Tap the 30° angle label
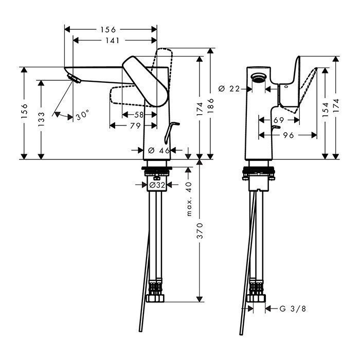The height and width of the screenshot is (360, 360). pos(82,116)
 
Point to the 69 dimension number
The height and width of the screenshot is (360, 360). pos(279,120)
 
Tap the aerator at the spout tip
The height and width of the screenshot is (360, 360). pos(74,79)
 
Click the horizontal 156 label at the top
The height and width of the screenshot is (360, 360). pos(109,29)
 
